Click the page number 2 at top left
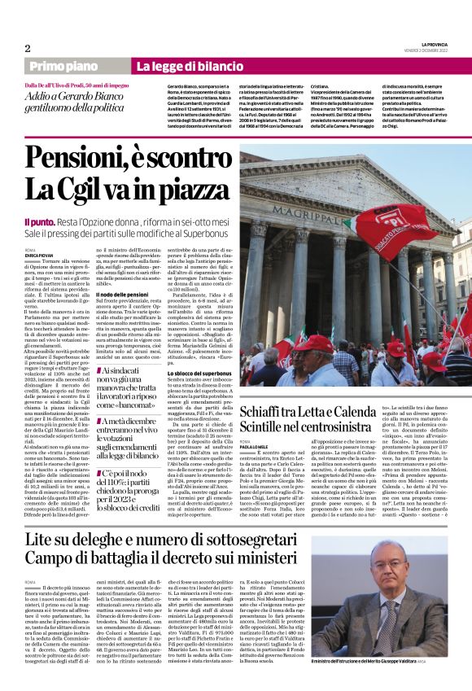[x=28, y=48]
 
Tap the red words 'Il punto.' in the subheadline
[x=40, y=221]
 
